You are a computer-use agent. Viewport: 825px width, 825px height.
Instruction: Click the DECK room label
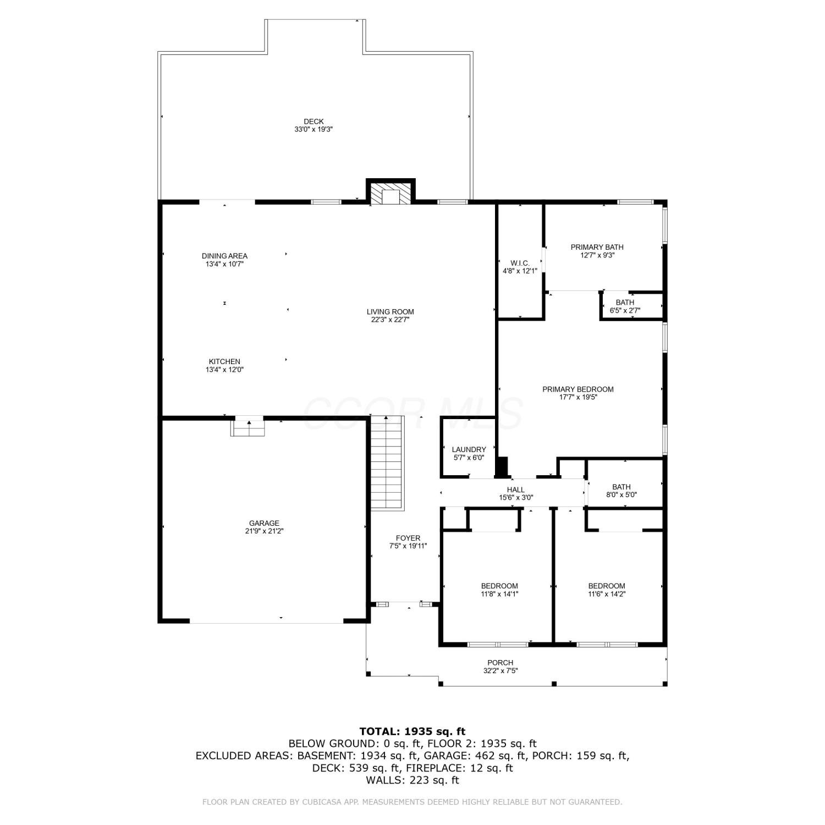pyautogui.click(x=313, y=122)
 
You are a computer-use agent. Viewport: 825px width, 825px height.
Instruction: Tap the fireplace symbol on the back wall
pyautogui.click(x=391, y=193)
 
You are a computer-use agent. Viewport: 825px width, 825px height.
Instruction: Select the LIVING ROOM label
pyautogui.click(x=391, y=312)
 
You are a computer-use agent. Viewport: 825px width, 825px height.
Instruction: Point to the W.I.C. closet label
pyautogui.click(x=520, y=263)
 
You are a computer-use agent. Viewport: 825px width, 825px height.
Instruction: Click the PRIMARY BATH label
pyautogui.click(x=597, y=247)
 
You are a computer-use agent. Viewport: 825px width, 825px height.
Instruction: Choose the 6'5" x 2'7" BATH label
pyautogui.click(x=625, y=306)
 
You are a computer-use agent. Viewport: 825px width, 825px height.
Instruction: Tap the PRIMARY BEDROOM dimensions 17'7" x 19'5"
pyautogui.click(x=578, y=397)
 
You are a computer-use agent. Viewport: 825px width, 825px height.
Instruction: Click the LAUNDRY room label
pyautogui.click(x=469, y=449)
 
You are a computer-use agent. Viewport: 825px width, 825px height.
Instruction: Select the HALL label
pyautogui.click(x=515, y=490)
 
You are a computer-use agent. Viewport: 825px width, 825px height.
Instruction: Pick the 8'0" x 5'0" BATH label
pyautogui.click(x=621, y=491)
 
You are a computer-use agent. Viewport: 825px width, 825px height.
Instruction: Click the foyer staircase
pyautogui.click(x=387, y=463)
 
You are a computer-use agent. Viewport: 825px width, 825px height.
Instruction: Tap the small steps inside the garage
pyautogui.click(x=248, y=427)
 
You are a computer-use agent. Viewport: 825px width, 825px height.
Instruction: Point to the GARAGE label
pyautogui.click(x=264, y=523)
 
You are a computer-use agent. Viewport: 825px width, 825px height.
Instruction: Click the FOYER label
pyautogui.click(x=408, y=538)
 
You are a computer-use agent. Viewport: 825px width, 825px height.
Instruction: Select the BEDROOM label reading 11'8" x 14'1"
pyautogui.click(x=499, y=590)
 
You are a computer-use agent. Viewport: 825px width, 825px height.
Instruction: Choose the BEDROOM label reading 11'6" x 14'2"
pyautogui.click(x=607, y=590)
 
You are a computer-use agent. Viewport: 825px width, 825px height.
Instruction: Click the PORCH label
pyautogui.click(x=501, y=663)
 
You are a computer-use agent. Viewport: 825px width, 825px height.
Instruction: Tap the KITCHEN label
pyautogui.click(x=224, y=361)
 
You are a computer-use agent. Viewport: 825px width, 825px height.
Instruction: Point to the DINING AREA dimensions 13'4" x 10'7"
pyautogui.click(x=224, y=264)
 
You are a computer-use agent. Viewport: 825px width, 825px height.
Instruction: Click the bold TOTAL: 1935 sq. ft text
pyautogui.click(x=413, y=731)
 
